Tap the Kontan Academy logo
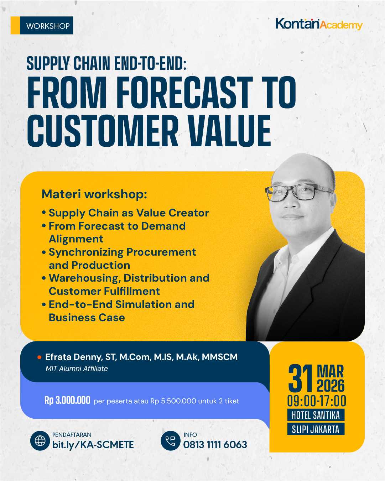(319, 24)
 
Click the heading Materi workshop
(94, 194)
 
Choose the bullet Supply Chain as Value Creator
(129, 213)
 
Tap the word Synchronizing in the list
(86, 252)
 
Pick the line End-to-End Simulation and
(121, 304)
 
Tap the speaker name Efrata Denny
(73, 357)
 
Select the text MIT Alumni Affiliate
(77, 369)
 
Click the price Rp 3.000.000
(67, 401)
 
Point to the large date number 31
(300, 378)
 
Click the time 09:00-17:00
(317, 401)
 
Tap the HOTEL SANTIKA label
(316, 415)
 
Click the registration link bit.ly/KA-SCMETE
(93, 445)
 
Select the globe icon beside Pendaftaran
(40, 441)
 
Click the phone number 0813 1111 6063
(215, 445)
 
